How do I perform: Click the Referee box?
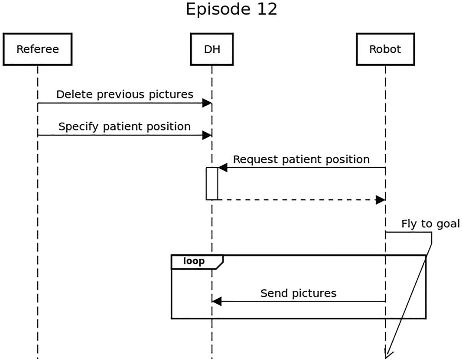coord(38,49)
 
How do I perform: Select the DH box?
coord(212,49)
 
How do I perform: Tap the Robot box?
coord(385,49)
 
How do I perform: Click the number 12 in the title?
coord(267,9)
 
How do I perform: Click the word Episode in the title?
coord(219,9)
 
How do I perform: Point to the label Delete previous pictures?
coord(125,94)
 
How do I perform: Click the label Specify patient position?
coord(125,127)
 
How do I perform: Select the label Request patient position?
coord(301,159)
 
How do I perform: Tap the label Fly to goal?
coord(430,224)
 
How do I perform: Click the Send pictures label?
coord(298,293)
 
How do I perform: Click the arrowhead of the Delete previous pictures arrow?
coord(207,103)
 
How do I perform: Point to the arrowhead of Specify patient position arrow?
coord(207,135)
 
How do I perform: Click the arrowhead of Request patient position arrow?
coord(222,167)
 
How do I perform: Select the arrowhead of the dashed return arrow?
coord(380,200)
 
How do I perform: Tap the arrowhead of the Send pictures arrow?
coord(217,301)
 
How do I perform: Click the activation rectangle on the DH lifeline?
coord(212,183)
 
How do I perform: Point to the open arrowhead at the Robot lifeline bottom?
coord(388,354)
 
